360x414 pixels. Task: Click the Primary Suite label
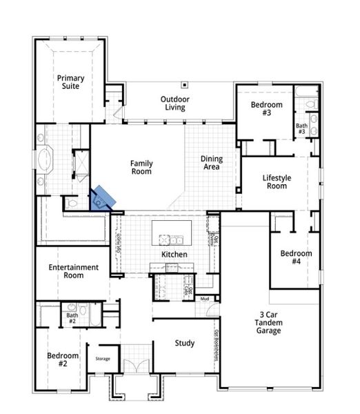tap(70, 82)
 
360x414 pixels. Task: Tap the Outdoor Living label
tap(175, 103)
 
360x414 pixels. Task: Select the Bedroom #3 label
tap(266, 108)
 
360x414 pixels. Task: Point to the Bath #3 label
tap(301, 129)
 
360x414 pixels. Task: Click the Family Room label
tap(141, 167)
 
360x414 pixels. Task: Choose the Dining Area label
tap(211, 163)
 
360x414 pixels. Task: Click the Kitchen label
tap(174, 255)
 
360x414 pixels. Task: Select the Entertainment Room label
tap(74, 271)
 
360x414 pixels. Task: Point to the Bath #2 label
tap(72, 318)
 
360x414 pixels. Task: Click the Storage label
tap(103, 358)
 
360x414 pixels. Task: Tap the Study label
tap(184, 343)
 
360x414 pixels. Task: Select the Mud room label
tap(205, 298)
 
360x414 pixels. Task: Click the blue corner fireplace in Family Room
tap(102, 198)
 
